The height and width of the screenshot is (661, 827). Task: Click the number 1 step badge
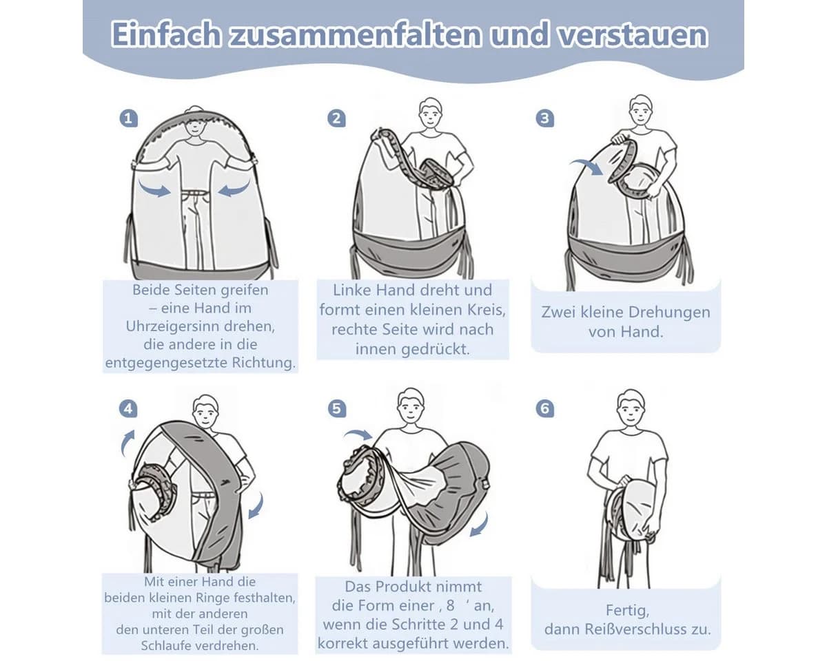point(128,118)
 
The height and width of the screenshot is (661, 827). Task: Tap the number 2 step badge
point(336,118)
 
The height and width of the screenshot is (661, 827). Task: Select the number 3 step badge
point(544,118)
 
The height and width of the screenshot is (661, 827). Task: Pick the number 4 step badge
point(128,409)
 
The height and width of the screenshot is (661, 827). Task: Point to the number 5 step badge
point(336,409)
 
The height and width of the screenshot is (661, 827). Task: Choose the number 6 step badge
point(545,408)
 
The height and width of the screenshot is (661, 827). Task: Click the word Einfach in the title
point(166,34)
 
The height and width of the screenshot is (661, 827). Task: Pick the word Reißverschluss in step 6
point(635,629)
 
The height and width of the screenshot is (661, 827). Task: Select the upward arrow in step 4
point(127,443)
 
